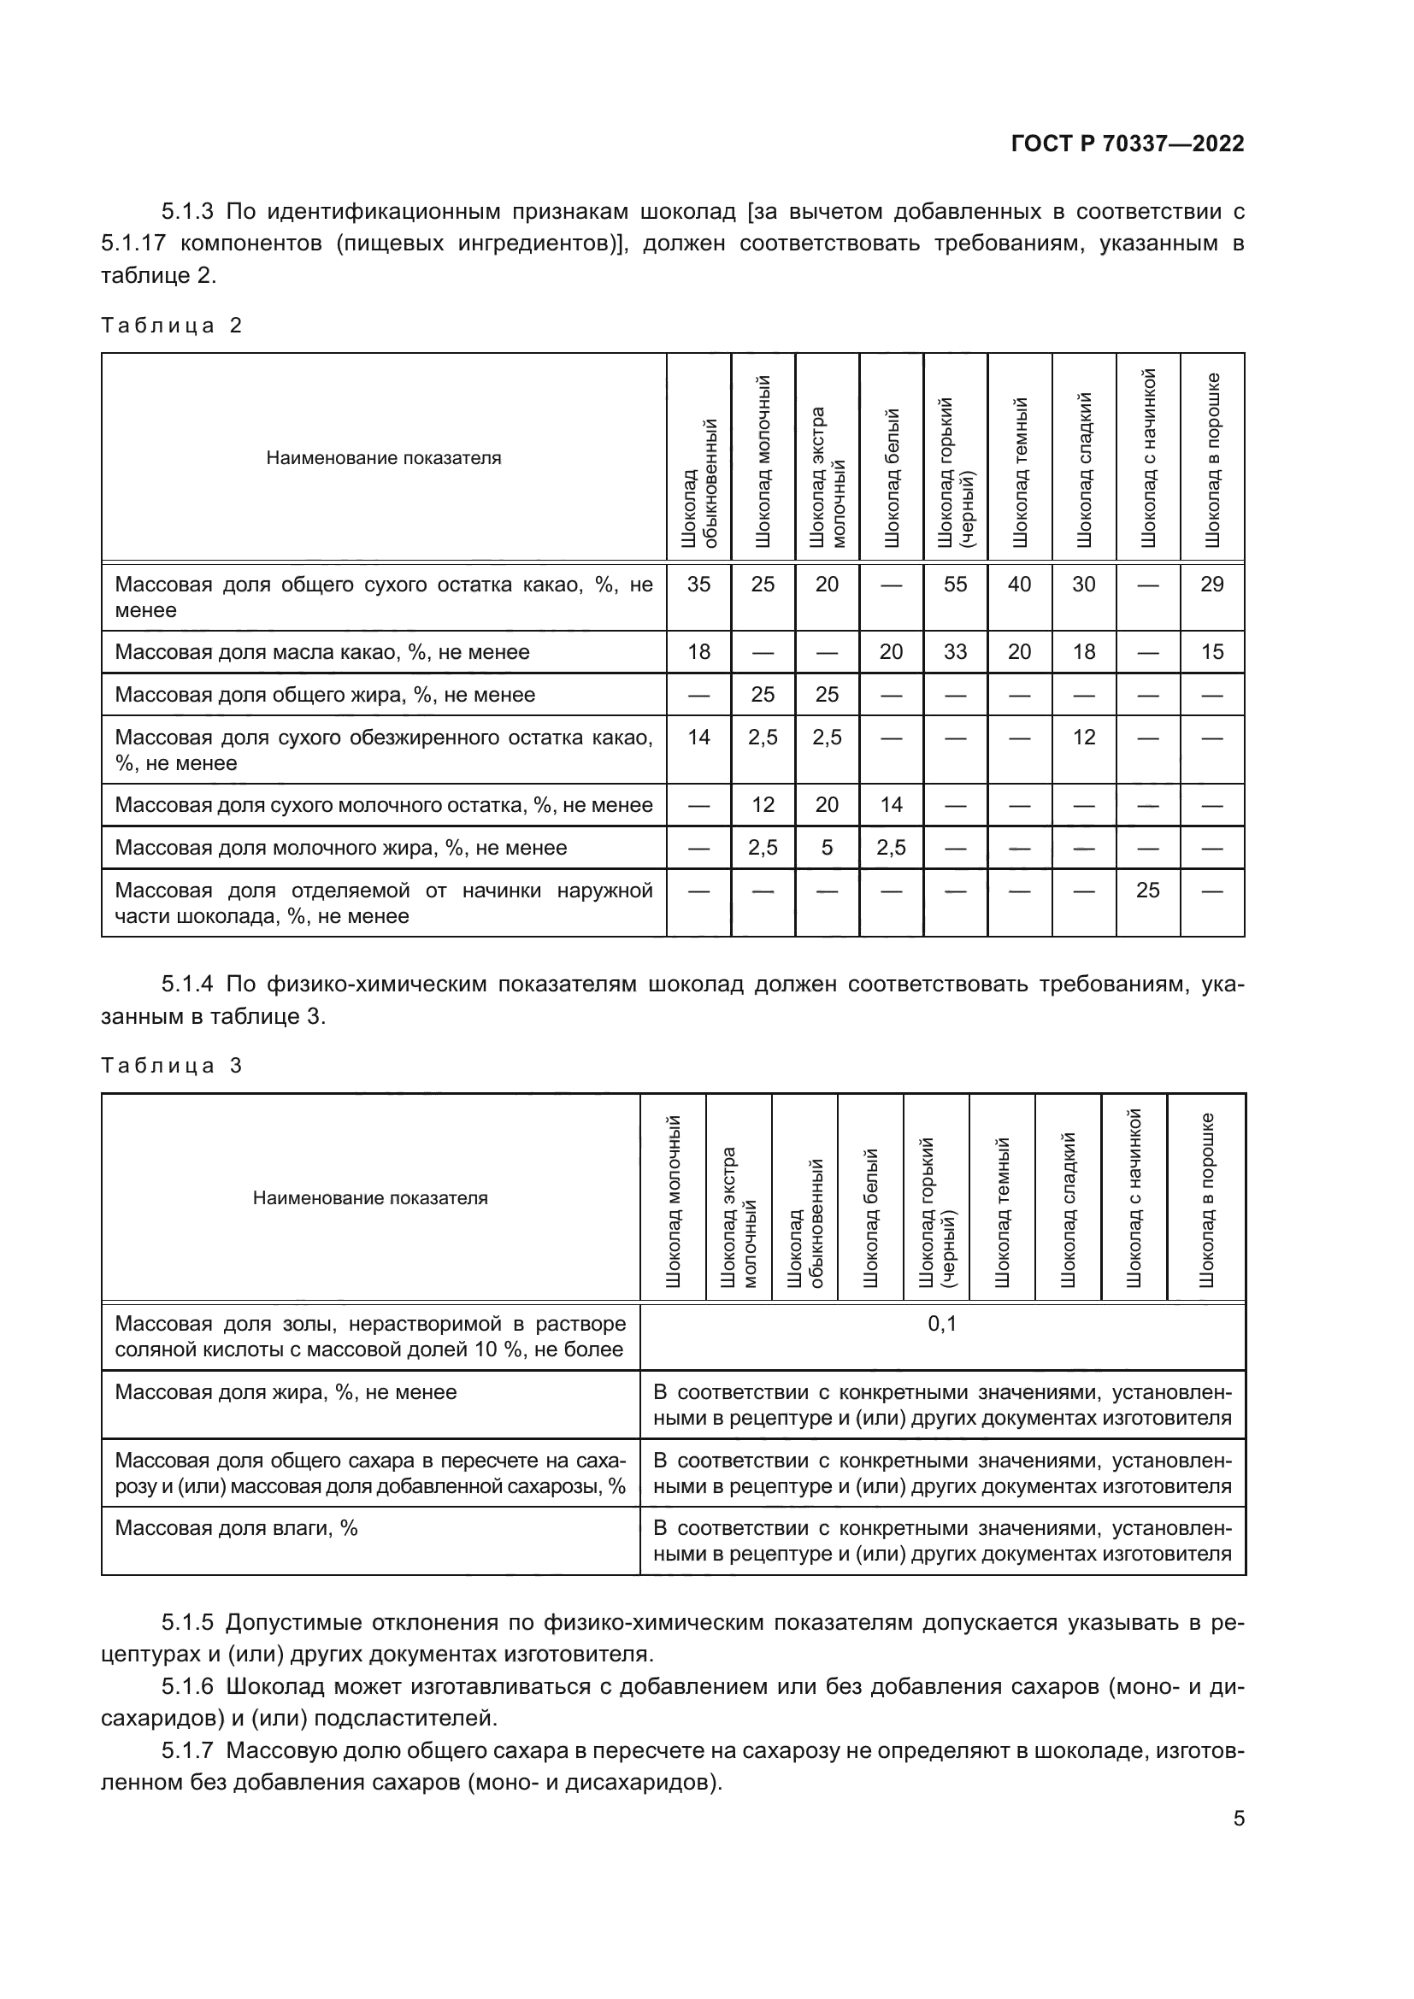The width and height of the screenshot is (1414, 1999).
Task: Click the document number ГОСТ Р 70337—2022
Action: click(x=1128, y=144)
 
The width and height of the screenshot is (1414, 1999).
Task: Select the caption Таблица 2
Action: click(x=172, y=326)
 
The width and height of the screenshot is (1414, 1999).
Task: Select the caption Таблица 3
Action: click(x=172, y=1066)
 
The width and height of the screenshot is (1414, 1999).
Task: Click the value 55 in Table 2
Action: click(x=955, y=585)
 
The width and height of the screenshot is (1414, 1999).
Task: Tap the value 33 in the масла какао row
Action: click(x=955, y=652)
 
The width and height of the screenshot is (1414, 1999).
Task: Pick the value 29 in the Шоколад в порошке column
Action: click(x=1212, y=585)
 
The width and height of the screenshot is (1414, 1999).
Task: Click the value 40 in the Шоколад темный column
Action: click(x=1019, y=585)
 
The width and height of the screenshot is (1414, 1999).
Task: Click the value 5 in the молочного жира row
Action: click(x=827, y=847)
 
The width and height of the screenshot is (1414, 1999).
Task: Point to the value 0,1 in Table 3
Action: click(x=942, y=1324)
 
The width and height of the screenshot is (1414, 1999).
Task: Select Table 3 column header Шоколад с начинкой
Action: click(x=1134, y=1198)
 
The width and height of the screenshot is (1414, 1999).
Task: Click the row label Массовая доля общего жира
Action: click(x=325, y=695)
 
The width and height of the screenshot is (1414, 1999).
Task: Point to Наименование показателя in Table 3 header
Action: click(x=370, y=1198)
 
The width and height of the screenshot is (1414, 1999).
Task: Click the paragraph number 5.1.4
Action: click(x=186, y=984)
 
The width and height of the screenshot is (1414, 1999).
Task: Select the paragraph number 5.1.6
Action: click(x=186, y=1686)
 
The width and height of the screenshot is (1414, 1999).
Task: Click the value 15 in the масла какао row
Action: click(x=1212, y=652)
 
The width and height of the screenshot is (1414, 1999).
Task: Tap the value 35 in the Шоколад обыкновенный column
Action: click(x=698, y=585)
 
